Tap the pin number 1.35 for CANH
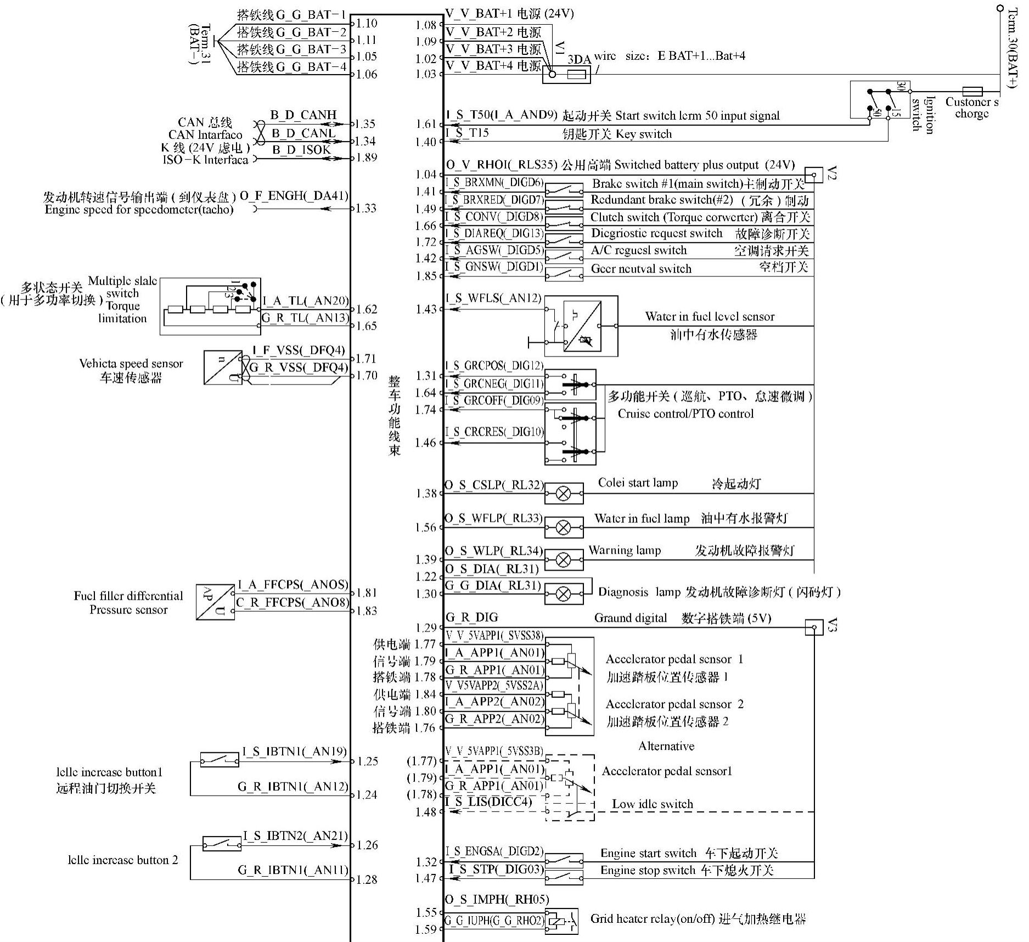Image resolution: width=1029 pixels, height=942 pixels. [x=366, y=124]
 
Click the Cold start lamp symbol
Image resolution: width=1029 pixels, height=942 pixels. [x=564, y=494]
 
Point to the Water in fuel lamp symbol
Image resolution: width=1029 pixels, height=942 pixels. [x=564, y=528]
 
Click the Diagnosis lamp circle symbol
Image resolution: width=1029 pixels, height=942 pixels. [x=564, y=594]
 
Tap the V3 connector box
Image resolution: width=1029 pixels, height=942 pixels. [x=814, y=627]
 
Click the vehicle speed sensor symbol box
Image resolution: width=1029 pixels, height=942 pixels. [x=223, y=368]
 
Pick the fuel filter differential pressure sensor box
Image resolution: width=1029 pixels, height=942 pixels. [x=215, y=602]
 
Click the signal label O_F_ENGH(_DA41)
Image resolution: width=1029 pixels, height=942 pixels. [x=294, y=196]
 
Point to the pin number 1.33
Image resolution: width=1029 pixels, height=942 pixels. [x=366, y=208]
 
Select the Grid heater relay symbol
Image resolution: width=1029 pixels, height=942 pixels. [x=561, y=921]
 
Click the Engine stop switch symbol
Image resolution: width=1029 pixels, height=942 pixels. [x=564, y=878]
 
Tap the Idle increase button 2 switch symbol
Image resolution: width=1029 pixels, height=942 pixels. [x=222, y=843]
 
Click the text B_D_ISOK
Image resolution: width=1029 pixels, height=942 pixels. [x=301, y=150]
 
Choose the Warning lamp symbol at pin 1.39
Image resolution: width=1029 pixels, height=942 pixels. [x=564, y=560]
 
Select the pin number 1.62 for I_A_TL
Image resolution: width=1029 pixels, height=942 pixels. [x=367, y=309]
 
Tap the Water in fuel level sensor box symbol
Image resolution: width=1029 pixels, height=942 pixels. [x=581, y=326]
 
